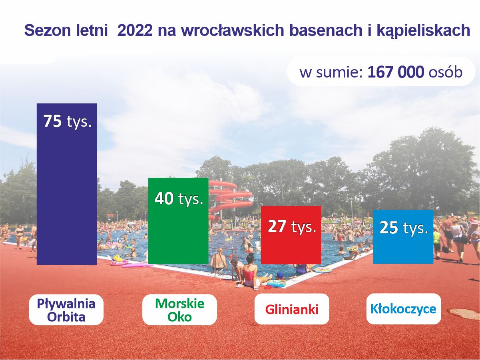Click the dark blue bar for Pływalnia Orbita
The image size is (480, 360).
click(x=67, y=184)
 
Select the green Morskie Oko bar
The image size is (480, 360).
click(x=178, y=221)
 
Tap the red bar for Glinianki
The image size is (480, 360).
click(x=291, y=235)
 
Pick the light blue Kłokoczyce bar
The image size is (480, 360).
click(x=403, y=237)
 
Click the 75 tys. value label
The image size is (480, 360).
click(x=68, y=121)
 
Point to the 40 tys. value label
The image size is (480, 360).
click(x=179, y=199)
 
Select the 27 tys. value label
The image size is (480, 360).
click(x=292, y=227)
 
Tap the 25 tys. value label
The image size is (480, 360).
click(x=404, y=228)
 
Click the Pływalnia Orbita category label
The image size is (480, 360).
click(x=66, y=310)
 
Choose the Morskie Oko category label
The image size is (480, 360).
click(x=179, y=310)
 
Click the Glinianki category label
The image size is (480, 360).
click(x=292, y=310)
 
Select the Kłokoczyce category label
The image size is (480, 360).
click(x=403, y=309)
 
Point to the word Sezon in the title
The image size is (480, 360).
click(x=48, y=30)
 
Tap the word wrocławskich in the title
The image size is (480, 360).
click(x=233, y=30)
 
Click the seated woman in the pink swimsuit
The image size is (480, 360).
click(x=251, y=272)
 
